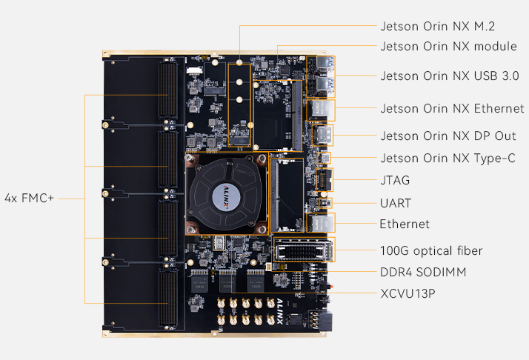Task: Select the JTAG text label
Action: coord(394,180)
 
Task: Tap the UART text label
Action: coord(395,202)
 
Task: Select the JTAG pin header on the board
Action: coord(325,180)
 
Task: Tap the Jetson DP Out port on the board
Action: coord(323,136)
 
